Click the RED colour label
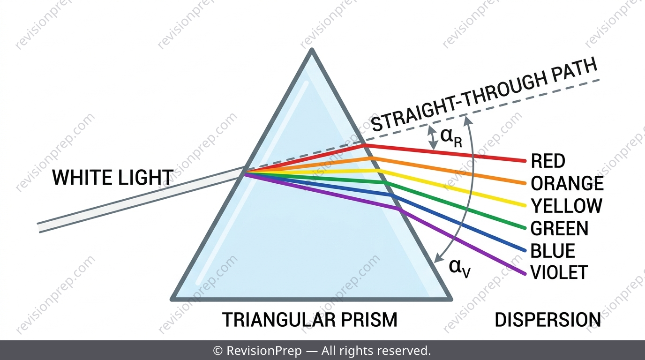click(x=548, y=161)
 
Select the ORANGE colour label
click(x=567, y=183)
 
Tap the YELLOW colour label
click(x=566, y=206)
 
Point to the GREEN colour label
click(x=559, y=228)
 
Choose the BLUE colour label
click(x=553, y=251)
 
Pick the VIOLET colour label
click(x=559, y=272)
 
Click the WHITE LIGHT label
click(x=112, y=177)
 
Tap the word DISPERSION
click(x=547, y=320)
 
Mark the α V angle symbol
click(x=459, y=269)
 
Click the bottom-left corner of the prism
click(x=172, y=300)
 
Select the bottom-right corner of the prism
click(x=451, y=300)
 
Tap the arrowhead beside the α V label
click(x=438, y=258)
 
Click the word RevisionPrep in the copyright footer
click(x=264, y=351)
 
